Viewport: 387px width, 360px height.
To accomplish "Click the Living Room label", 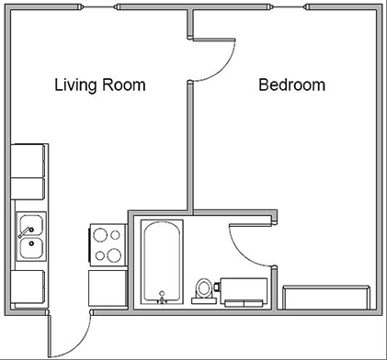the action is click(x=100, y=84).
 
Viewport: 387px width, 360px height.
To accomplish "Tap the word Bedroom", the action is click(x=291, y=84).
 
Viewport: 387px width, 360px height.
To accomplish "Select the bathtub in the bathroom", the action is click(x=162, y=262).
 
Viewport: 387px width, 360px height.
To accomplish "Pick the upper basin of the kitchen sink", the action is click(x=31, y=225).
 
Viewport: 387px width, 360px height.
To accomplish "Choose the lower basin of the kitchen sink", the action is click(x=31, y=248).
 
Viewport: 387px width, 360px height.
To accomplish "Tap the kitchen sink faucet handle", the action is click(x=25, y=232).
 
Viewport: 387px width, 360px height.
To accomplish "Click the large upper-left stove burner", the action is click(x=100, y=235).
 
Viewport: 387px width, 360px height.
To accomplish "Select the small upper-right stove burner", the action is click(x=115, y=235).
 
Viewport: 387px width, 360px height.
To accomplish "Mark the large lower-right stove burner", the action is click(x=114, y=255).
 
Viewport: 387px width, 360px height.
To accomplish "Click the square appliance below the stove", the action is click(x=108, y=288).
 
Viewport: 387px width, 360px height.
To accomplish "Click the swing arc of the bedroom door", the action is click(x=221, y=68).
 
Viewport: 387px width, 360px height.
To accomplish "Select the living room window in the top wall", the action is click(x=99, y=7).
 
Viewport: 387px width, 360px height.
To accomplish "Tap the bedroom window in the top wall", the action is click(x=288, y=7).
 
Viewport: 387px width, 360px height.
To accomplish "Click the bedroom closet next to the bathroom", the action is click(x=326, y=298).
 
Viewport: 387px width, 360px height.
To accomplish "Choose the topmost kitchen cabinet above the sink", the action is click(x=28, y=161).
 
